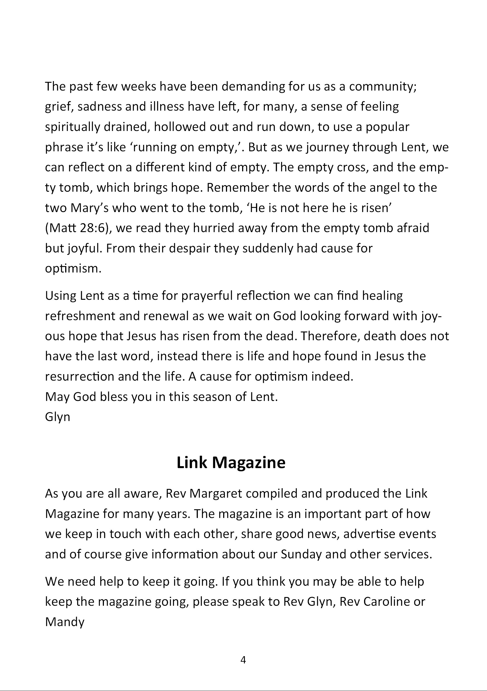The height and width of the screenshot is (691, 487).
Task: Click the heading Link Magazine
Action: click(231, 462)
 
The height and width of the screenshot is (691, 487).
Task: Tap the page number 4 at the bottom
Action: click(243, 660)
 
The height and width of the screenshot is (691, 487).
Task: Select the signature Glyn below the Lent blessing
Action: click(57, 417)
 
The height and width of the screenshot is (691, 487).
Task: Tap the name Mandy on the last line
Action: click(65, 622)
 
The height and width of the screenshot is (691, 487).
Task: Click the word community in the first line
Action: click(382, 87)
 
